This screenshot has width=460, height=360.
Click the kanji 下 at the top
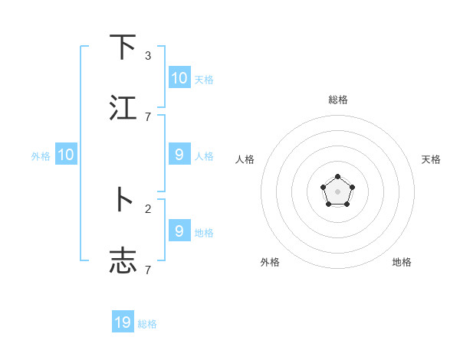tap(123, 47)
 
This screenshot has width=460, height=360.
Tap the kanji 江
tap(123, 108)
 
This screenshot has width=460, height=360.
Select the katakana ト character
tap(123, 200)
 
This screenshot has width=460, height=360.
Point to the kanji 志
tap(123, 261)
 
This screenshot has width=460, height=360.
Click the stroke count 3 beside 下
tap(148, 56)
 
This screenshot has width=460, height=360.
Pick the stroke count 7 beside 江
tap(148, 116)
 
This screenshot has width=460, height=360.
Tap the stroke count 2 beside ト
tap(148, 208)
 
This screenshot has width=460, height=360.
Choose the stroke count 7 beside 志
tap(148, 270)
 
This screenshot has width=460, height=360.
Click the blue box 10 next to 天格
tap(179, 77)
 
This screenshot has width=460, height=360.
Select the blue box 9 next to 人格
tap(179, 155)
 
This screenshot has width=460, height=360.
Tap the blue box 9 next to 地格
tap(179, 231)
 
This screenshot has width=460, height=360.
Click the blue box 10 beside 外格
tap(66, 155)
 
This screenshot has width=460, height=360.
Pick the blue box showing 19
tap(123, 322)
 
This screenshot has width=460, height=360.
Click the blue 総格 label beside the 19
tap(147, 324)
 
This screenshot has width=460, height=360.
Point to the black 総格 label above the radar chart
tap(338, 100)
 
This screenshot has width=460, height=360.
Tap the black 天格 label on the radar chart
tap(431, 159)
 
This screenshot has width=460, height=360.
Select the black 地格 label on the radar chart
tap(402, 262)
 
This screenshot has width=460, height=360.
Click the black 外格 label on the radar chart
tap(270, 262)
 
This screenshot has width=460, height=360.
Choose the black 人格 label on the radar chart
tap(245, 159)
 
